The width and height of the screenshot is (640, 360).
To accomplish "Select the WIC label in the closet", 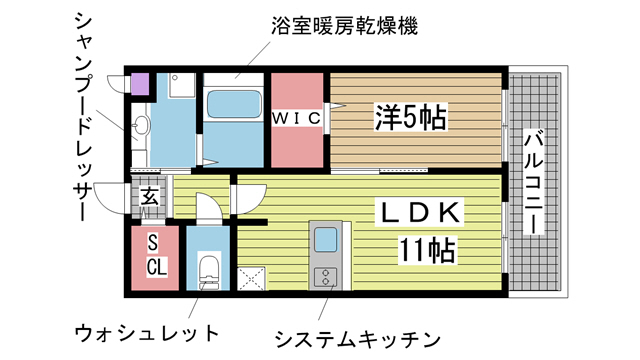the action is click(x=298, y=118).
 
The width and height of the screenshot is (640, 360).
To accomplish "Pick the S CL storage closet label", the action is click(x=156, y=255).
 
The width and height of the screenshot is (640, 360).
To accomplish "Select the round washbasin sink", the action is click(x=141, y=126).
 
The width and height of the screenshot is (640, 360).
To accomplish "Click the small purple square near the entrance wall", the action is click(x=140, y=83).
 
